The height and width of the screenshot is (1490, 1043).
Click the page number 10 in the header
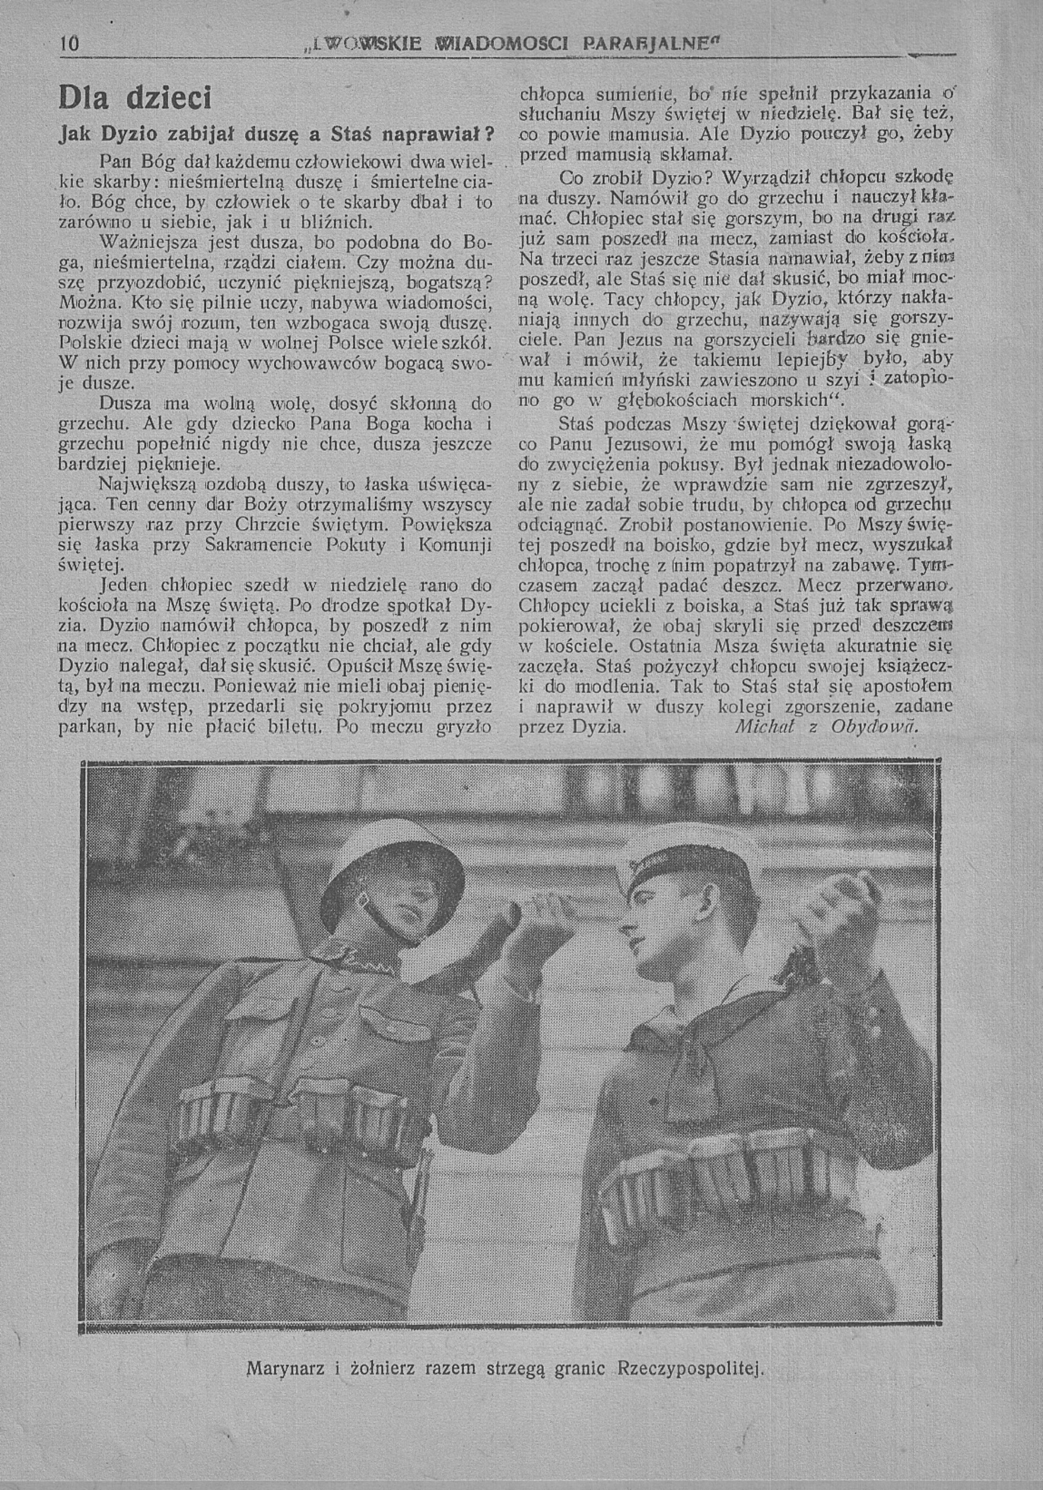[69, 44]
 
